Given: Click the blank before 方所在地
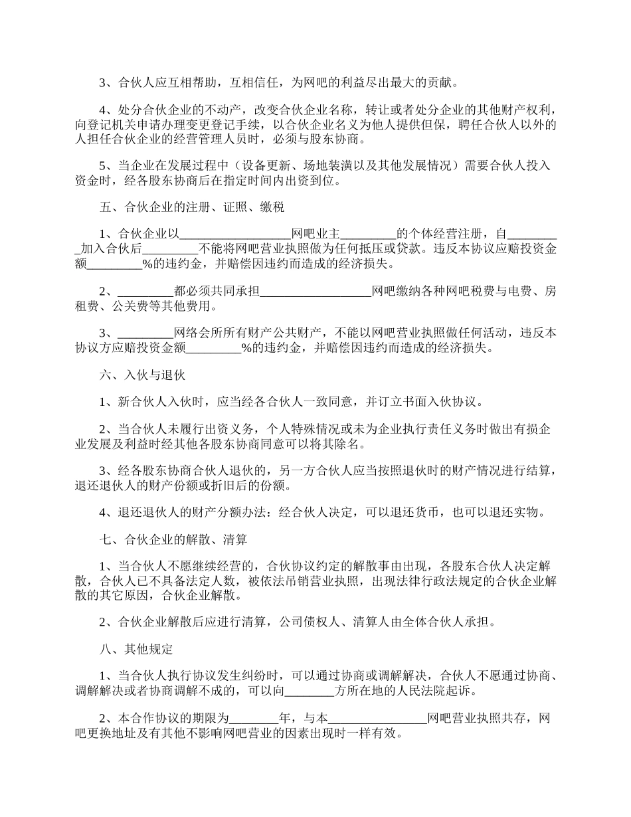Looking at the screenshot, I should tap(310, 691).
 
